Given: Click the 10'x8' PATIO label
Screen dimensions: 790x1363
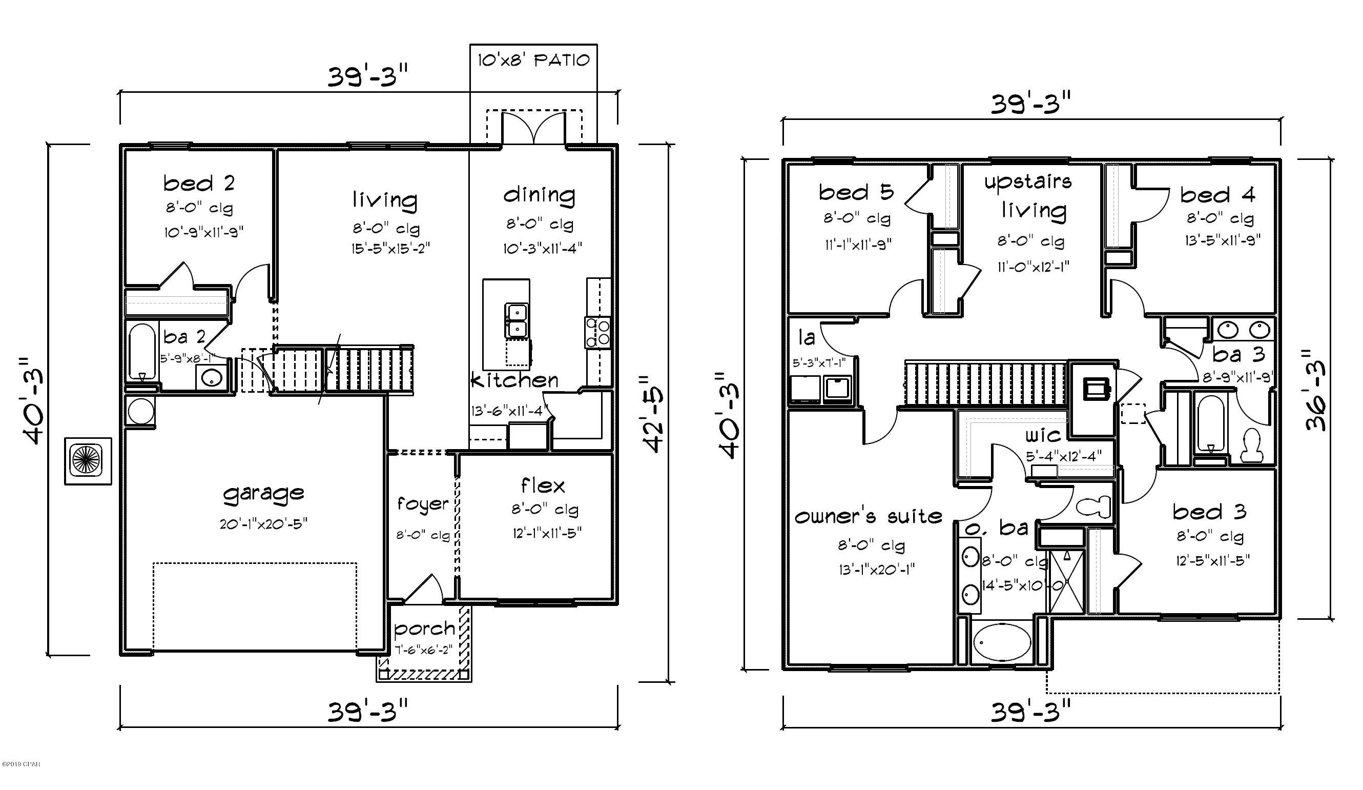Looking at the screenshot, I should point(533,60).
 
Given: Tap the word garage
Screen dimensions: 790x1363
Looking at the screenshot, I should point(263,494).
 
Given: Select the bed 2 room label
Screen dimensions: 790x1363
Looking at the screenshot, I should point(199,184).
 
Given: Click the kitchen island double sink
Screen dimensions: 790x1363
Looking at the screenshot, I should point(516,320).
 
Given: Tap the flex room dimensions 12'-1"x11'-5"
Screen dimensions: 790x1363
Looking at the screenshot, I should point(547,534).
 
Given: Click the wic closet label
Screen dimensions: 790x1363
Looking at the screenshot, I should point(1042,435).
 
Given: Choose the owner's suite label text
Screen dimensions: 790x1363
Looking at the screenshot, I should point(868,517).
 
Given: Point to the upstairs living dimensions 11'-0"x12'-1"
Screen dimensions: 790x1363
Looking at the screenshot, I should point(1033,267).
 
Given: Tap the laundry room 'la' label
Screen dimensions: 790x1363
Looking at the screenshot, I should point(807,338).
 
